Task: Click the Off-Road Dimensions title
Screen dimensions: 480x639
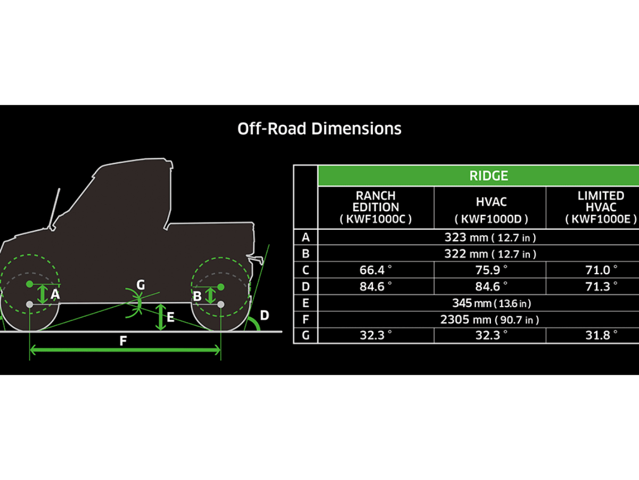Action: pyautogui.click(x=319, y=129)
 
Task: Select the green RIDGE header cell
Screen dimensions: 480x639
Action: pyautogui.click(x=489, y=175)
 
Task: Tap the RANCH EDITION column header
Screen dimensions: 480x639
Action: pyautogui.click(x=376, y=207)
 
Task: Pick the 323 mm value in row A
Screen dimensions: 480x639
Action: pyautogui.click(x=489, y=237)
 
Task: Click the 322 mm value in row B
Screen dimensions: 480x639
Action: pyautogui.click(x=489, y=253)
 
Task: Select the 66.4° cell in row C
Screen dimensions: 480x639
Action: pyautogui.click(x=375, y=270)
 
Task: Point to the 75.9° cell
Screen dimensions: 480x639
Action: pyautogui.click(x=490, y=270)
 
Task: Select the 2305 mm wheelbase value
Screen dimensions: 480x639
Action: pyautogui.click(x=489, y=319)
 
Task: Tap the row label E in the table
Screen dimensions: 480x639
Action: pyautogui.click(x=305, y=303)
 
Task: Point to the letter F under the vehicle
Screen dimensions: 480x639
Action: pyautogui.click(x=124, y=341)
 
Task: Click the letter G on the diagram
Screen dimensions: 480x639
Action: pyautogui.click(x=140, y=285)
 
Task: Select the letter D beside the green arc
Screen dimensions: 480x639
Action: pyautogui.click(x=264, y=315)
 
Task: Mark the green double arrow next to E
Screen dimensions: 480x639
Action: pyautogui.click(x=161, y=317)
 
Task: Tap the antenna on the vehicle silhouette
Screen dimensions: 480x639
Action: pyautogui.click(x=55, y=209)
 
